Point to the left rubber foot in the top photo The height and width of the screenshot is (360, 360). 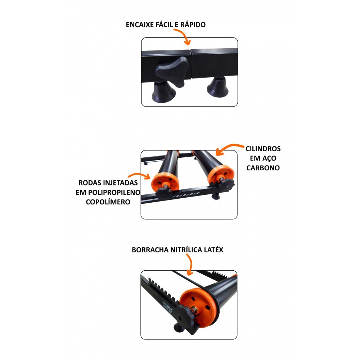[x=163, y=91]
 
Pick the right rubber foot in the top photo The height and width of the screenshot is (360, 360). [x=217, y=87]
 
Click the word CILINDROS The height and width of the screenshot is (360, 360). [x=263, y=149]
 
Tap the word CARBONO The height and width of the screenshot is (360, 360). [x=263, y=168]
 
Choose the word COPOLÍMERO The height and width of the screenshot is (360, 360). [x=108, y=202]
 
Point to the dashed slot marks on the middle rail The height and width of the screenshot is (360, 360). [x=185, y=195]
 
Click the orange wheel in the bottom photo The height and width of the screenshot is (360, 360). [x=199, y=307]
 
